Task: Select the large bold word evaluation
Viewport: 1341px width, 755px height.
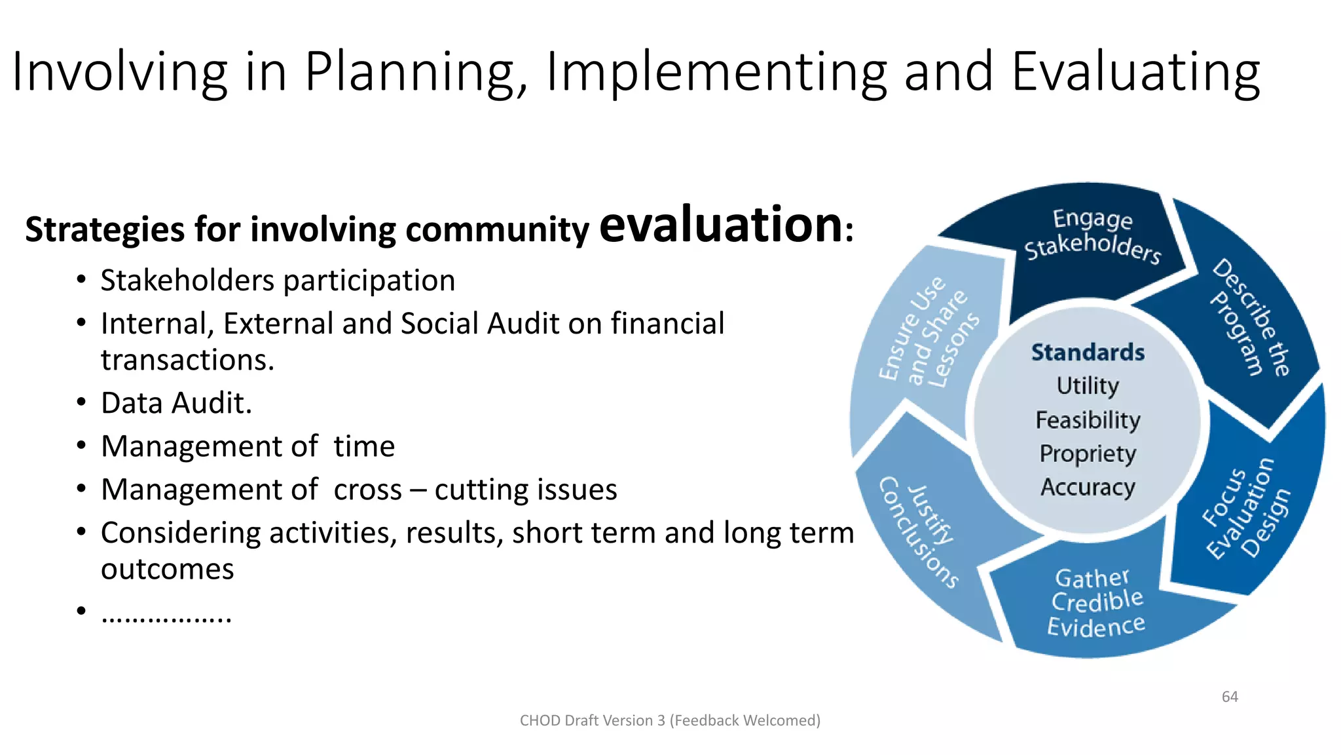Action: click(721, 224)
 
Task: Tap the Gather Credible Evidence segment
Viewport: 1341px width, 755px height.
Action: click(1097, 603)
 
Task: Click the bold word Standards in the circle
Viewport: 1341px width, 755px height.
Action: click(1088, 353)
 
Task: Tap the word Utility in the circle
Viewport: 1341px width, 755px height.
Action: click(1088, 385)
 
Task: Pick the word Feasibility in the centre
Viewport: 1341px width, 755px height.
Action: click(1088, 419)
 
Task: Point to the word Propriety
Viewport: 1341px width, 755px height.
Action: click(1088, 454)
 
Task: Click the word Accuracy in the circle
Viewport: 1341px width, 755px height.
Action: click(1088, 487)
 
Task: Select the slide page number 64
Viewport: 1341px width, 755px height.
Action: click(1230, 697)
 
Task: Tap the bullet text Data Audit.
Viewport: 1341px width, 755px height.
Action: click(176, 402)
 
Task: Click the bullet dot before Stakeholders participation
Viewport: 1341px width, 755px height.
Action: click(81, 280)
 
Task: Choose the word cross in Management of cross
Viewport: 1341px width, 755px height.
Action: click(367, 490)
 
